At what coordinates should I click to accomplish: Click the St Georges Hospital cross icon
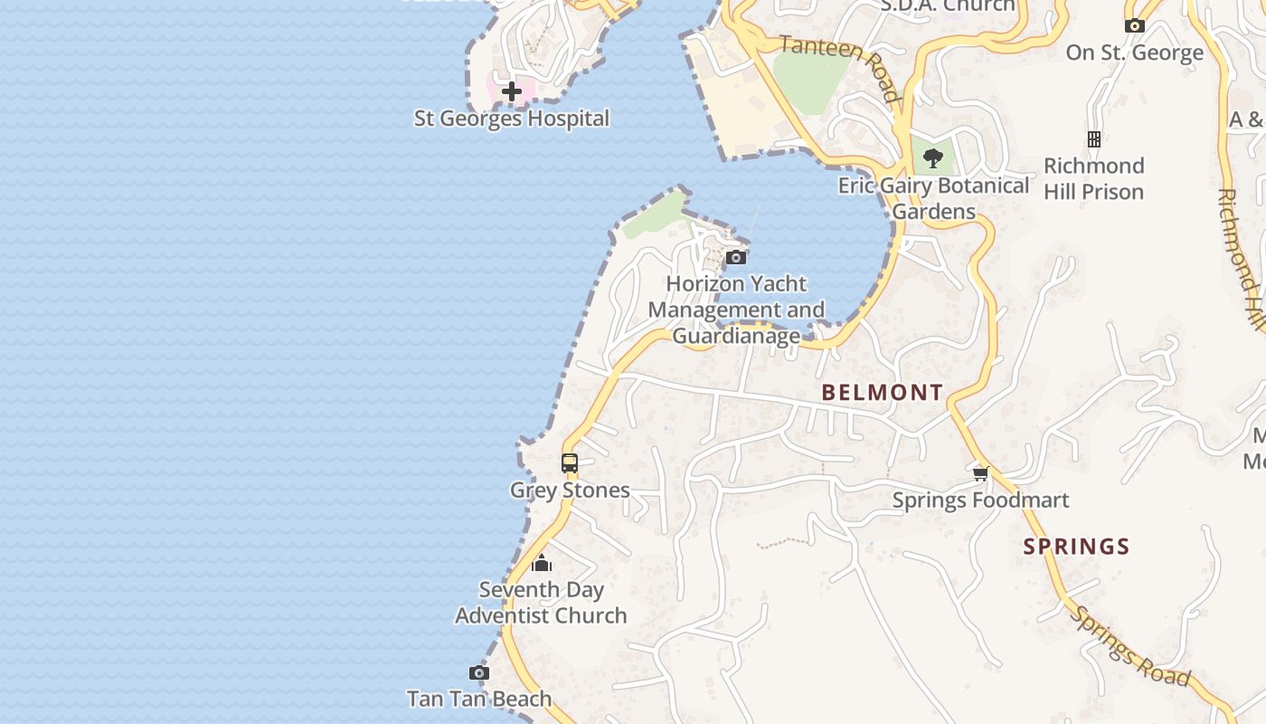[x=512, y=90]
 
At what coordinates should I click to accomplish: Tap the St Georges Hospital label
[x=512, y=119]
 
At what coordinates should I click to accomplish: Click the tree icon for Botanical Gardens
[x=933, y=159]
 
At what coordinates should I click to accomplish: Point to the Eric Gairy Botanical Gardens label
[x=933, y=198]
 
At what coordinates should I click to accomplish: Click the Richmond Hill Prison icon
[x=1094, y=139]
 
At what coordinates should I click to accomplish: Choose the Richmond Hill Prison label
[x=1094, y=178]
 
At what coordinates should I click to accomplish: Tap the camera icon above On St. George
[x=1135, y=26]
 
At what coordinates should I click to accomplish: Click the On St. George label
[x=1135, y=52]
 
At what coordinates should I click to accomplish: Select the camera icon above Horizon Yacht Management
[x=736, y=258]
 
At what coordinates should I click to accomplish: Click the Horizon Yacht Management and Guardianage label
[x=736, y=310]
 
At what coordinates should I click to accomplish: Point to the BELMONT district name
[x=883, y=392]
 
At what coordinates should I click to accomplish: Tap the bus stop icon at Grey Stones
[x=570, y=463]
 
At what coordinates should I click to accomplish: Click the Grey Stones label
[x=570, y=491]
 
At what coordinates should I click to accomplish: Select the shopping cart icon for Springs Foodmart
[x=981, y=473]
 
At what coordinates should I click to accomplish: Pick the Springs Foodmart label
[x=981, y=500]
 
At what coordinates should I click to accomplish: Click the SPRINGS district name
[x=1076, y=547]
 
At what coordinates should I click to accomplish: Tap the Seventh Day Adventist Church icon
[x=542, y=564]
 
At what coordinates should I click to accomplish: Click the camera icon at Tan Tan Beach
[x=479, y=673]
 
